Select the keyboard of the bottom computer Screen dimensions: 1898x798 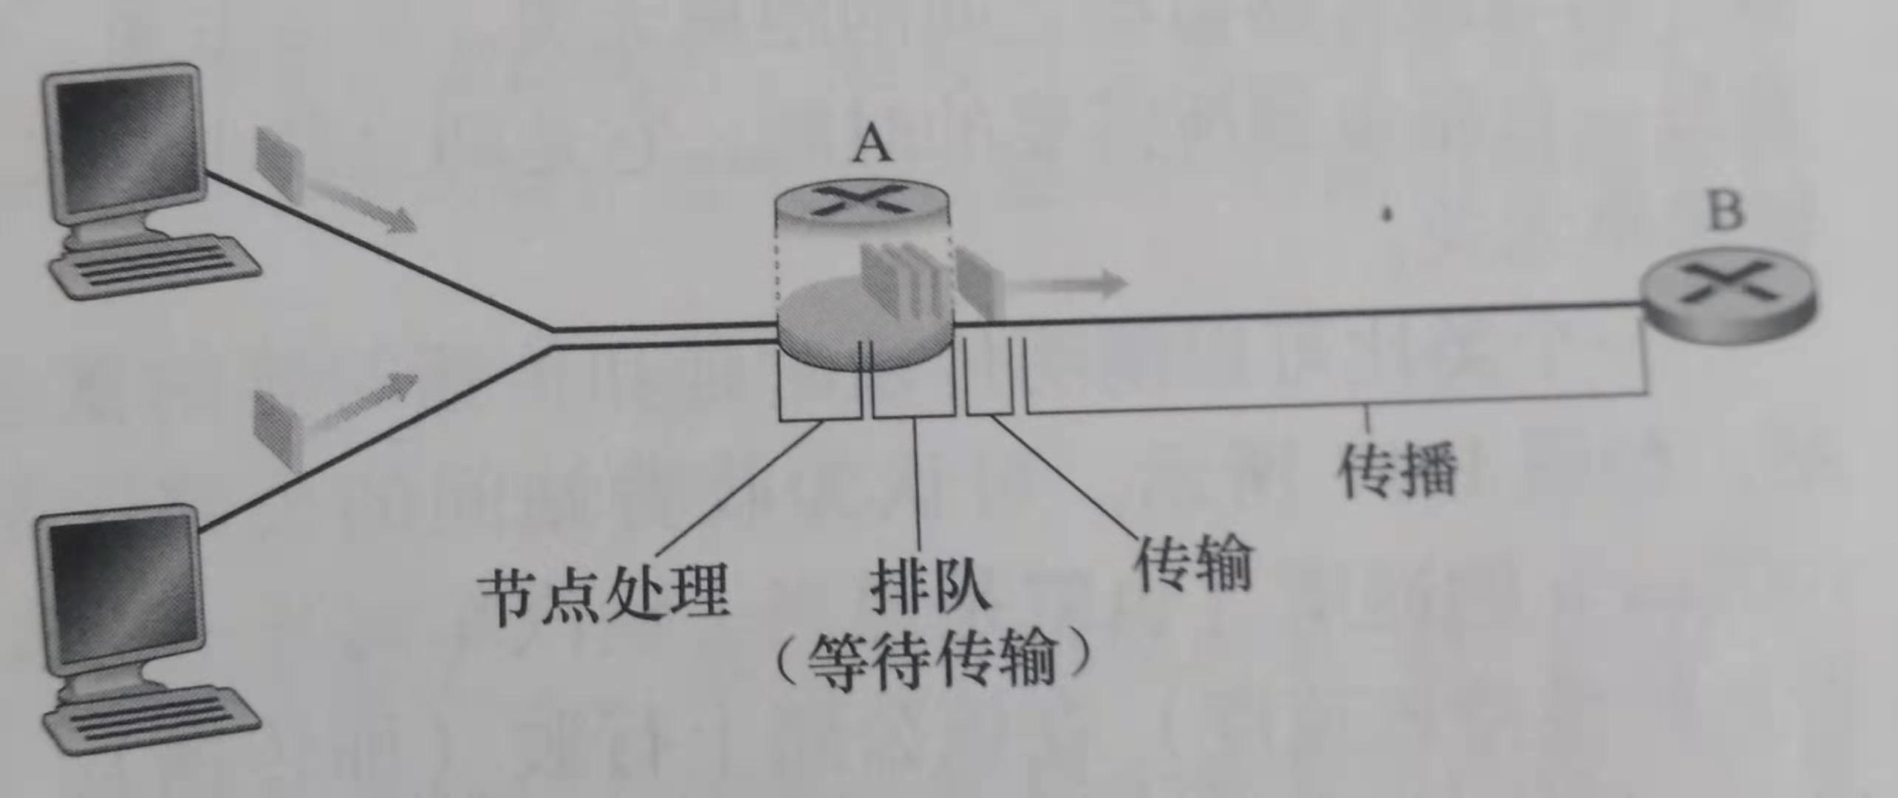(151, 720)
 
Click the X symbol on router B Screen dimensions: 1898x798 (1726, 285)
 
